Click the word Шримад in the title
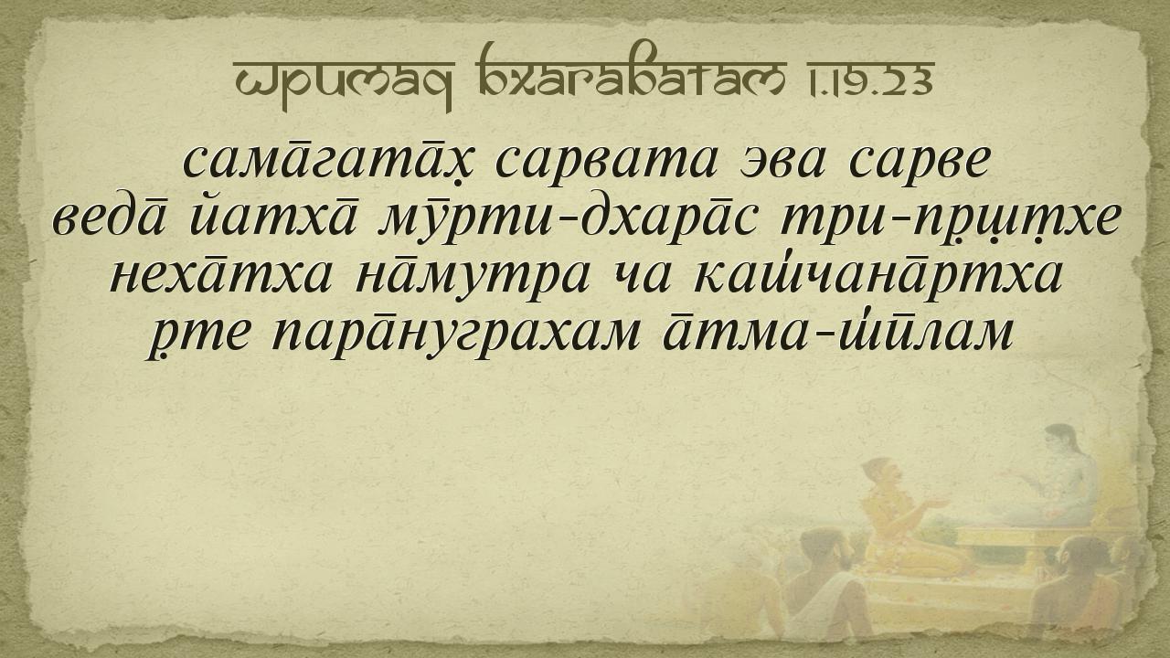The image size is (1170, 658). tap(343, 83)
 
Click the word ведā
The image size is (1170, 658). tap(110, 217)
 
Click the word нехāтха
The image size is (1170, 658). tap(221, 275)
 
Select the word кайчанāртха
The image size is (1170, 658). tap(878, 274)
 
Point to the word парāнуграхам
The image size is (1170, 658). tap(455, 334)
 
